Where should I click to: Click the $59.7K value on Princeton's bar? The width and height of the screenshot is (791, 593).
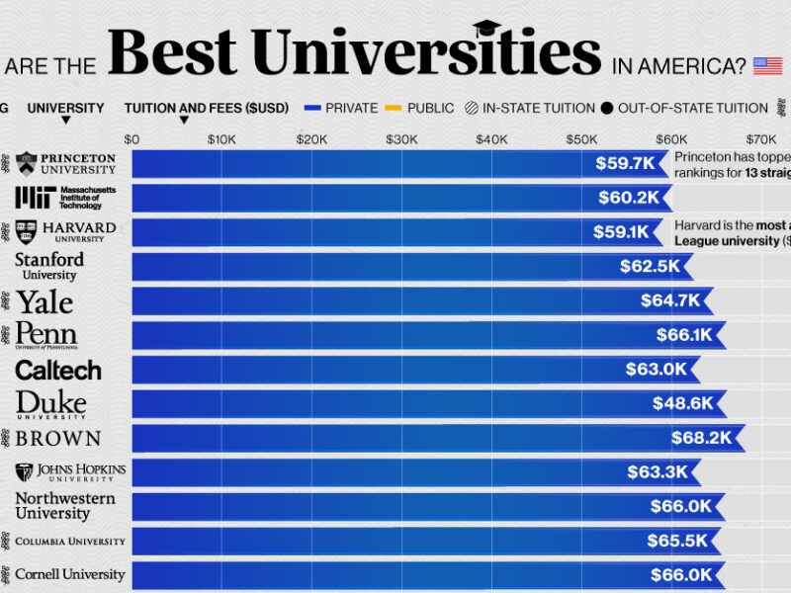click(x=625, y=163)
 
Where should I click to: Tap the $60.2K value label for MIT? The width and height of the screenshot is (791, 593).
click(x=628, y=198)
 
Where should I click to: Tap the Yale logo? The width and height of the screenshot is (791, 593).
click(x=44, y=300)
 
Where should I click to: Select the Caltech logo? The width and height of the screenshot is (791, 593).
click(x=58, y=370)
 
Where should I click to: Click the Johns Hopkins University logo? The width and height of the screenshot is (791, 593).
click(x=70, y=471)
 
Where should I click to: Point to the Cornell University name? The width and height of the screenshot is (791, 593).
click(x=69, y=574)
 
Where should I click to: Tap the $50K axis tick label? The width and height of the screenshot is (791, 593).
click(x=581, y=139)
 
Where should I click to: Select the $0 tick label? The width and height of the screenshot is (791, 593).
click(x=132, y=139)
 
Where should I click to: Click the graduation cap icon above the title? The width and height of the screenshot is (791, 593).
click(x=487, y=29)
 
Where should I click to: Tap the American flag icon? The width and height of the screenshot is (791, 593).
click(x=767, y=66)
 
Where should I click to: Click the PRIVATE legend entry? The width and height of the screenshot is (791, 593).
click(x=342, y=108)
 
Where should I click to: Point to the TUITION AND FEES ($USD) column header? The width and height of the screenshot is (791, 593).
click(x=207, y=108)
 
